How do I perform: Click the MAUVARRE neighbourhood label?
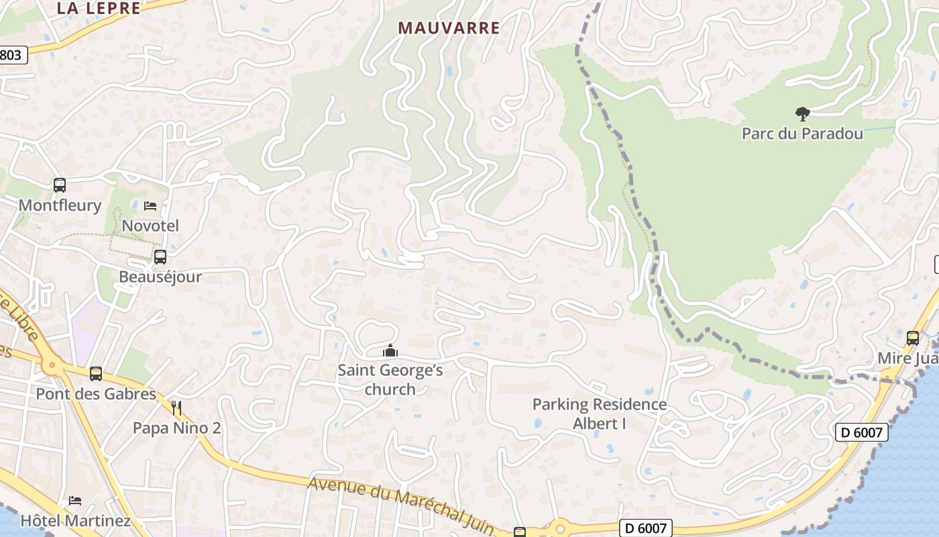tap(449, 28)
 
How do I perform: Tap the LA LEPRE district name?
tap(99, 8)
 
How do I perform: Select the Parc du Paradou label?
tap(802, 134)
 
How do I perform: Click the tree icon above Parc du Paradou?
tap(802, 114)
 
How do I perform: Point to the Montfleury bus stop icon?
tap(60, 185)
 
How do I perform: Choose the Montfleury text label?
tap(60, 205)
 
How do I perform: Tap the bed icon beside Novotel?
tap(150, 205)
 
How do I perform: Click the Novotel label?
tap(150, 226)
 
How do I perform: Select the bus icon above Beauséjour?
tap(160, 256)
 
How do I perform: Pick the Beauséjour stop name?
tap(160, 277)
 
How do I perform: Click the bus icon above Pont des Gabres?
tap(96, 373)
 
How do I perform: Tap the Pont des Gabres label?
tap(96, 394)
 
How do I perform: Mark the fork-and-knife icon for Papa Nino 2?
tap(176, 407)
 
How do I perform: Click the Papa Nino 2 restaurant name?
tap(176, 428)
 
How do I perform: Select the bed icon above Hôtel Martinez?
tap(75, 501)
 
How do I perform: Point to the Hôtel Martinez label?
tap(75, 521)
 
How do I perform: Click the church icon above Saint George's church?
tap(390, 350)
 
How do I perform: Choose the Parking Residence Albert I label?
tap(599, 414)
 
